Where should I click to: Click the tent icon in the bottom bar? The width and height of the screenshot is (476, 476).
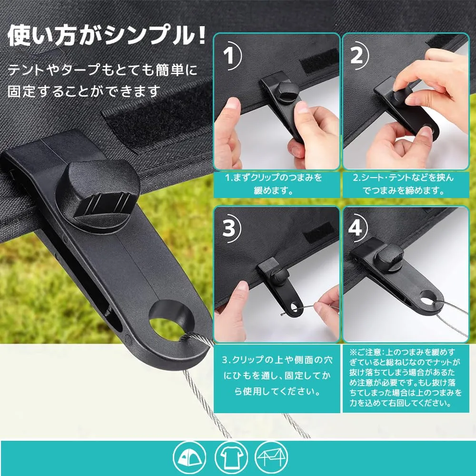(189, 457)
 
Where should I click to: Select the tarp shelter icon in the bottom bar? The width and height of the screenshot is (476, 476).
(271, 457)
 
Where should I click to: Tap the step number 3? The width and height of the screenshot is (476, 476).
(229, 228)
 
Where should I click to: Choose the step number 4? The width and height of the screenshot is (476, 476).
(355, 228)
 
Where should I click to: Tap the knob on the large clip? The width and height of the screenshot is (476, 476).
(98, 195)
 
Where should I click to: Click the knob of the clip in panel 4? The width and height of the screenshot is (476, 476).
(389, 254)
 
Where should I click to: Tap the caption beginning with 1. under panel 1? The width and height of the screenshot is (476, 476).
(274, 184)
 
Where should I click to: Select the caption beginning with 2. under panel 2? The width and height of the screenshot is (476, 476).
(403, 184)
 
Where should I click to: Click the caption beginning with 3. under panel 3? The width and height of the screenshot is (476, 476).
(277, 376)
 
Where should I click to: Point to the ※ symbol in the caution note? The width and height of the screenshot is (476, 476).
(353, 352)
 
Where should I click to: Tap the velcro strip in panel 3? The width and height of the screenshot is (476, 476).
(319, 232)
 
